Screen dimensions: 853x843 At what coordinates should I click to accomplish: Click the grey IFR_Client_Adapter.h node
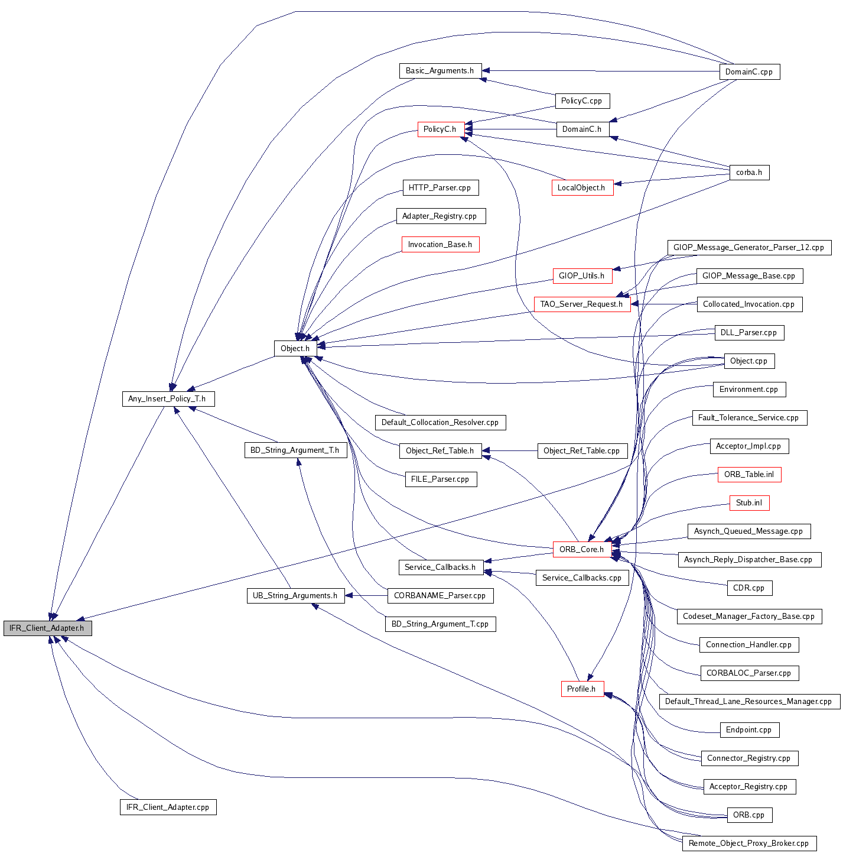[x=47, y=628]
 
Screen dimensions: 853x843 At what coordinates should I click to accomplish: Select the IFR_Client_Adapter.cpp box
[x=168, y=807]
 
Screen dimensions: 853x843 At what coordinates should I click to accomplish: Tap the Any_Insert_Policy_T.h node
[x=167, y=399]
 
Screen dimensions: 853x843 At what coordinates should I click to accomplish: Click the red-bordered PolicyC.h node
[x=440, y=129]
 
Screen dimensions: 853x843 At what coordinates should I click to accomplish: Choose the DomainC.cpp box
[x=749, y=72]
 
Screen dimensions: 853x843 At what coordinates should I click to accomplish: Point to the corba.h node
[x=749, y=173]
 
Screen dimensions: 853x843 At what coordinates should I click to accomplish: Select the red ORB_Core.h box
[x=582, y=550]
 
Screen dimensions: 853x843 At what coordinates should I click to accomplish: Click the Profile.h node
[x=582, y=689]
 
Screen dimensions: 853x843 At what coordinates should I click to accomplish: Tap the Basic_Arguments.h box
[x=440, y=71]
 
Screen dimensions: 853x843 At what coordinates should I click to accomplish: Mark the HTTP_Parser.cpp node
[x=440, y=188]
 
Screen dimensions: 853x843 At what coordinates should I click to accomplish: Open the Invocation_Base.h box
[x=440, y=245]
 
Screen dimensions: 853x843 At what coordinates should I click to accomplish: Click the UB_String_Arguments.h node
[x=295, y=596]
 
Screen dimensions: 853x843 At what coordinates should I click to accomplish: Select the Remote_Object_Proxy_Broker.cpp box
[x=749, y=844]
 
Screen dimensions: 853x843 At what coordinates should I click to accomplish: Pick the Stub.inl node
[x=749, y=503]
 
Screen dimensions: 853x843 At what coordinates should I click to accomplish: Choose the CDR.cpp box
[x=749, y=588]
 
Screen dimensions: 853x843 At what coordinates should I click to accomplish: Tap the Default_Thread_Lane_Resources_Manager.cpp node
[x=749, y=702]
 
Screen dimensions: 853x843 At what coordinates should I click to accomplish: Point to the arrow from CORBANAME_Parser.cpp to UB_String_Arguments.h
[x=366, y=596]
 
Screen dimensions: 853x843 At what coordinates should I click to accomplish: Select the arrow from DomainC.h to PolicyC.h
[x=511, y=129]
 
